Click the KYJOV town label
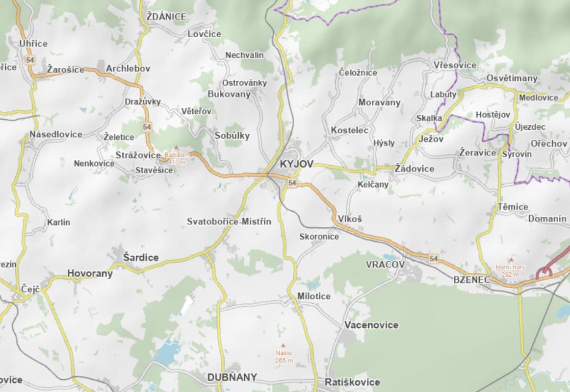click(x=296, y=164)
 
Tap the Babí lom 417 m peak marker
click(x=176, y=147)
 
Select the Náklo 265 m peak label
click(x=284, y=356)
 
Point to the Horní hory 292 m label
click(x=510, y=270)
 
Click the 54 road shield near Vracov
click(x=433, y=258)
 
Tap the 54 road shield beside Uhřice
click(x=30, y=60)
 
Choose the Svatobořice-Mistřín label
click(x=229, y=221)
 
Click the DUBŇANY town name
click(x=232, y=377)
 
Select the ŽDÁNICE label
click(x=166, y=17)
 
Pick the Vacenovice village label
click(x=371, y=325)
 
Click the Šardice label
click(x=141, y=257)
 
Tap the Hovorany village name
click(x=90, y=273)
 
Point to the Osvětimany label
click(x=512, y=78)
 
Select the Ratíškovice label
click(x=352, y=382)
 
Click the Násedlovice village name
click(x=55, y=134)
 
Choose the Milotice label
click(x=313, y=296)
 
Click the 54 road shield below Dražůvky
click(x=147, y=127)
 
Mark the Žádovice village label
click(x=415, y=169)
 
